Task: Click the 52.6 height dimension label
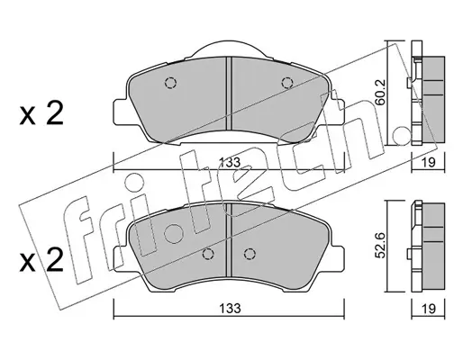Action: click(381, 245)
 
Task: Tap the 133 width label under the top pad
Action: click(230, 162)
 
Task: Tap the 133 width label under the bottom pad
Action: click(230, 308)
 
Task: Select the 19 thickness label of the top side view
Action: click(429, 162)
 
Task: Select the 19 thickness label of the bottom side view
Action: click(429, 308)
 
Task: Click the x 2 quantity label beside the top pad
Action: click(41, 113)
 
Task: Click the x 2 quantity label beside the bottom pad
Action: click(41, 260)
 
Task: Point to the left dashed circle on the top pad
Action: click(170, 83)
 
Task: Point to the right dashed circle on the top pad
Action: click(287, 83)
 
